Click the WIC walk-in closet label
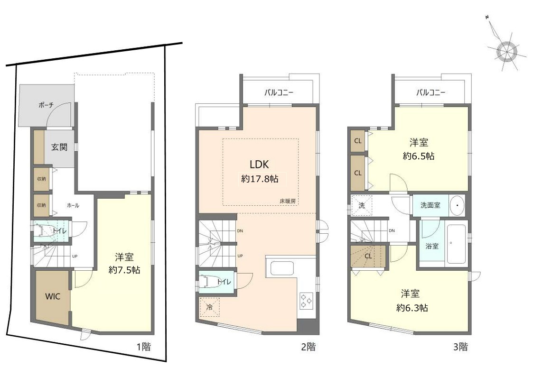pyautogui.click(x=53, y=296)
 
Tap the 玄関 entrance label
pyautogui.click(x=59, y=147)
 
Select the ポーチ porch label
pyautogui.click(x=46, y=105)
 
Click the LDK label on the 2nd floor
pyautogui.click(x=259, y=165)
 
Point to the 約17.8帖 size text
pyautogui.click(x=260, y=179)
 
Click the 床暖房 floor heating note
pyautogui.click(x=288, y=201)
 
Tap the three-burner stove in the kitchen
pyautogui.click(x=306, y=301)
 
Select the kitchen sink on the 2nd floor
pyautogui.click(x=282, y=268)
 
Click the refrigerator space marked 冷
pyautogui.click(x=209, y=307)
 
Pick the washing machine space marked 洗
pyautogui.click(x=362, y=205)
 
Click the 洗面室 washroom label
pyautogui.click(x=430, y=205)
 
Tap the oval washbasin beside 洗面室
pyautogui.click(x=458, y=205)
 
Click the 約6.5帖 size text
pyautogui.click(x=419, y=156)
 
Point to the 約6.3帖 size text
pyautogui.click(x=412, y=308)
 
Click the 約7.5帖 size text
pyautogui.click(x=124, y=270)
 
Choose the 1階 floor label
pyautogui.click(x=143, y=347)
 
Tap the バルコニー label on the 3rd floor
pyautogui.click(x=430, y=92)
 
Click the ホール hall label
pyautogui.click(x=73, y=205)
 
